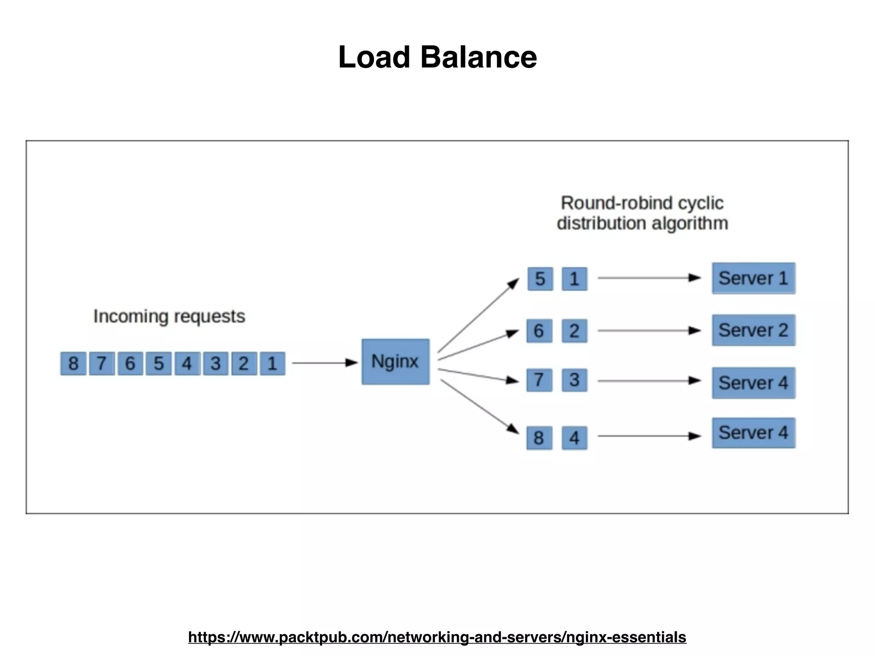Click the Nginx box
click(395, 362)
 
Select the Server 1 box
click(753, 278)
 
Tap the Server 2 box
click(753, 330)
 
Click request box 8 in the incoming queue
click(73, 363)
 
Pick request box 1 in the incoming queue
click(272, 363)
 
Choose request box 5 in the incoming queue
click(159, 363)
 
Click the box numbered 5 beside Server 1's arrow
click(540, 279)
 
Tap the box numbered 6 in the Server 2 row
click(539, 331)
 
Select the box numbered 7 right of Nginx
click(539, 380)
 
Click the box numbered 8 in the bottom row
click(539, 438)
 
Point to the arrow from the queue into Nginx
click(325, 363)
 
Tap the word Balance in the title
click(479, 57)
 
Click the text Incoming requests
click(169, 316)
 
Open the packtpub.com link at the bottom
click(437, 637)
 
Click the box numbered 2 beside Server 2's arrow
click(574, 331)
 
